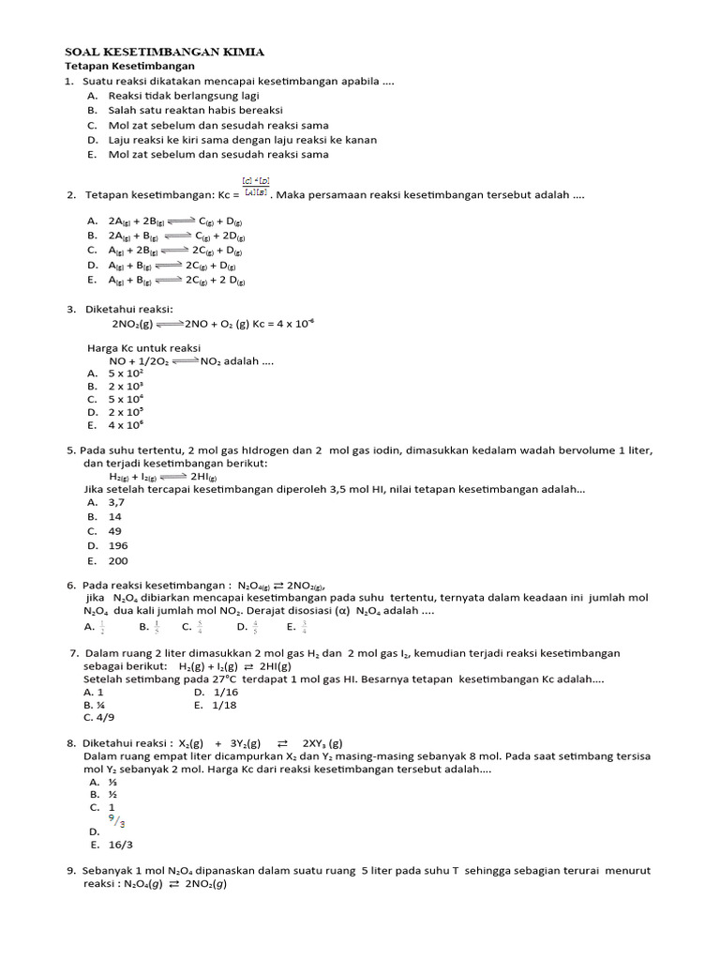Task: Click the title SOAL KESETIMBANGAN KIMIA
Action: [x=164, y=52]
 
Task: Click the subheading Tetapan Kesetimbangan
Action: [x=129, y=67]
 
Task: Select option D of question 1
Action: [x=242, y=140]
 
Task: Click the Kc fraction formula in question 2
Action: [x=255, y=188]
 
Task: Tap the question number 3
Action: [x=70, y=309]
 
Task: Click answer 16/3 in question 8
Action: [x=119, y=844]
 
